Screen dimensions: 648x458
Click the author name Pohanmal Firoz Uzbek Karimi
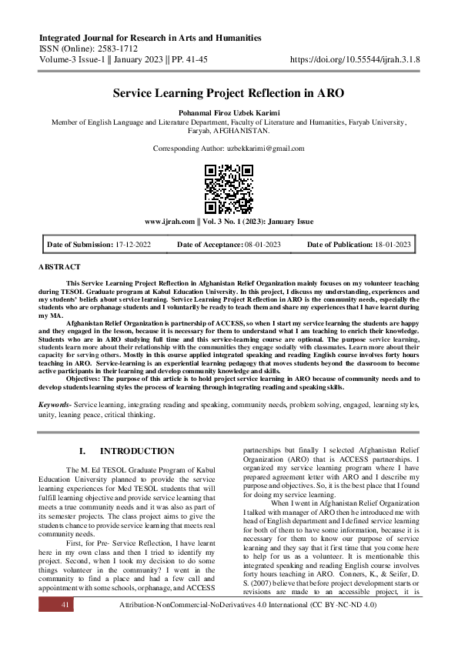229,112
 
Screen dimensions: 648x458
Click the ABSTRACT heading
59,266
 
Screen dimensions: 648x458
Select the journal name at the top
149,38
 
